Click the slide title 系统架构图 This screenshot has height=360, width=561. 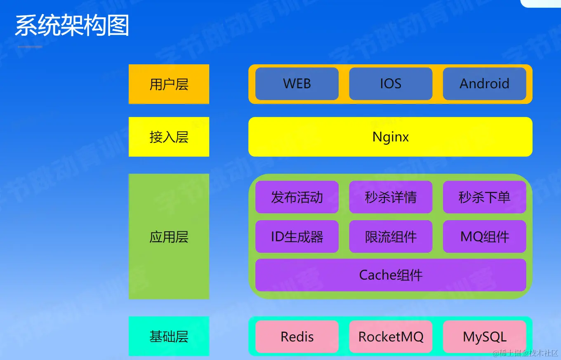[x=72, y=25]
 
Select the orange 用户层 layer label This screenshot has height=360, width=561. [x=169, y=84]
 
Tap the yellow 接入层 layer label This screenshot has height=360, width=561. [x=169, y=137]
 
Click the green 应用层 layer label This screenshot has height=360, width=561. [x=169, y=237]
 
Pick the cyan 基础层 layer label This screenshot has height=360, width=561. [x=169, y=336]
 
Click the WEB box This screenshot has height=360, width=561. [x=297, y=84]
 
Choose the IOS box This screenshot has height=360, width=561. [x=391, y=84]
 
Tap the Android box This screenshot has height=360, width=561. [x=484, y=84]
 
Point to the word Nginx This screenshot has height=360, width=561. [x=391, y=137]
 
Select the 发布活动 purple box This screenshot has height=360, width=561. [x=297, y=197]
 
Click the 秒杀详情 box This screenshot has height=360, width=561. [x=391, y=197]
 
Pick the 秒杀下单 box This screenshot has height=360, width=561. [x=484, y=197]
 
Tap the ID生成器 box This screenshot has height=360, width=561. [x=297, y=237]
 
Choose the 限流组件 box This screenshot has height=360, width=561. [x=391, y=237]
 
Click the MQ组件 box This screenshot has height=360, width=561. [x=484, y=237]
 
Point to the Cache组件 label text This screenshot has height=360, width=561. [x=391, y=275]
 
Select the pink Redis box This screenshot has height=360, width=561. [x=297, y=337]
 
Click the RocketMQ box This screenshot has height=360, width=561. [x=391, y=337]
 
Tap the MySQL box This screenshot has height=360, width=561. [x=484, y=337]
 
